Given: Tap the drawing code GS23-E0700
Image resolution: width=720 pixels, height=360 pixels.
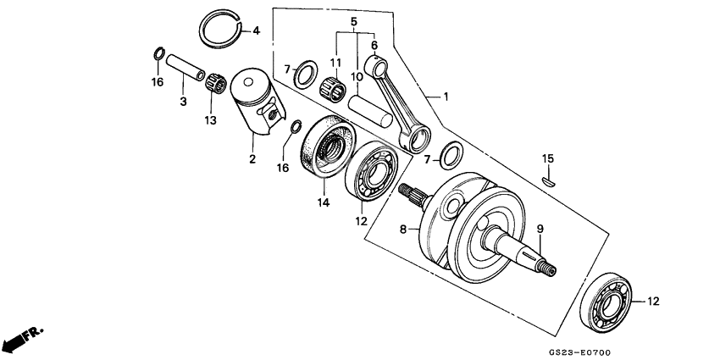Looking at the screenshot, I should tap(584, 350).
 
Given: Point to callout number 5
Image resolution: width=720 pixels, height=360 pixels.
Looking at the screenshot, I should tap(354, 20).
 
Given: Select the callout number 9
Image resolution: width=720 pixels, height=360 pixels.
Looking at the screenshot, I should tap(540, 229).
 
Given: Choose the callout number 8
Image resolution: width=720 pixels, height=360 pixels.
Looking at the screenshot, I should tap(402, 229).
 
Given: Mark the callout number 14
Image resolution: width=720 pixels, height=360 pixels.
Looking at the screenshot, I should tap(322, 202).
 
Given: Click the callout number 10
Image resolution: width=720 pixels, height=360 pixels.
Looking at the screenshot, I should tap(357, 77).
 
